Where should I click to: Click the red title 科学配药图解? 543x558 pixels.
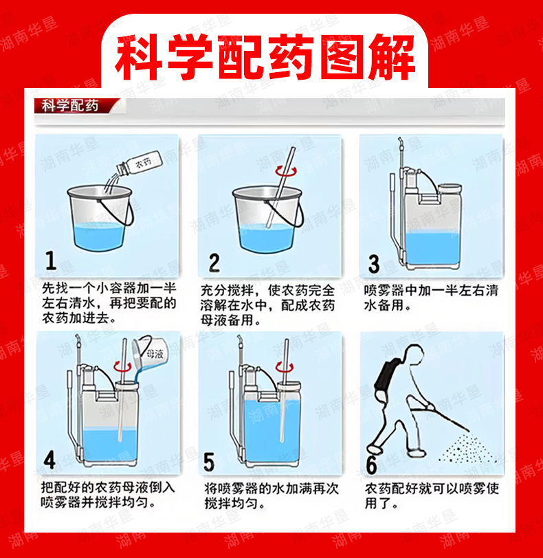[x=265, y=57]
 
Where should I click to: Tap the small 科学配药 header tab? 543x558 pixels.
[x=69, y=106]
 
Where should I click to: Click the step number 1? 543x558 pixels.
[x=51, y=260]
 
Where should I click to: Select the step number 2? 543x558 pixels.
[x=214, y=263]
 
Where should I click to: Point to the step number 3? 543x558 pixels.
[x=374, y=264]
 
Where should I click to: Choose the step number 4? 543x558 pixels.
[x=49, y=460]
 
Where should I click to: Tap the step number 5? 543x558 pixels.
[x=209, y=462]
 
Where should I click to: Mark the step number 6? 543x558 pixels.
[x=371, y=464]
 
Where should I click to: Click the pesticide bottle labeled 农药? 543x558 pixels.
[x=140, y=164]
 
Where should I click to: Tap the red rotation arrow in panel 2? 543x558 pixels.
[x=286, y=172]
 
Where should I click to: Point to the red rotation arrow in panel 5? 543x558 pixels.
[x=285, y=366]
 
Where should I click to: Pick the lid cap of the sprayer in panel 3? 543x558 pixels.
[x=450, y=188]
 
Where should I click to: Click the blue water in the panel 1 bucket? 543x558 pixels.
[x=99, y=234]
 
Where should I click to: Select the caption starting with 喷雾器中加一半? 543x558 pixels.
[x=431, y=298]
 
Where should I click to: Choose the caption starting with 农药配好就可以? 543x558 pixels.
[x=432, y=496]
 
